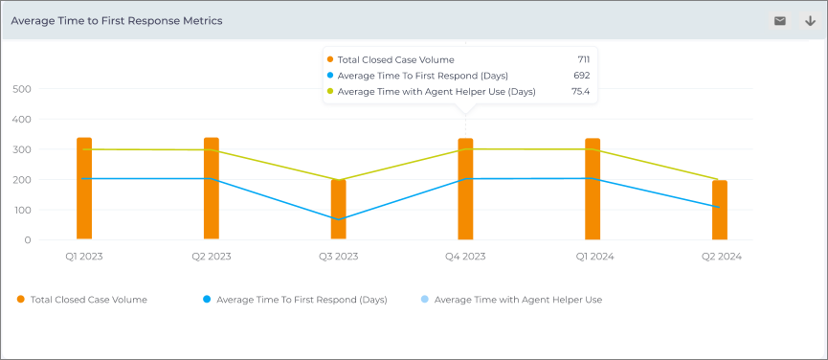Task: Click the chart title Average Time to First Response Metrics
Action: click(117, 21)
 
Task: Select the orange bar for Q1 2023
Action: click(84, 189)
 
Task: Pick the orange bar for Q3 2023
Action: click(339, 210)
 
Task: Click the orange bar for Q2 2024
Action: click(720, 210)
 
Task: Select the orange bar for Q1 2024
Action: click(593, 189)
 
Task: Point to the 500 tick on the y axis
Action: click(22, 89)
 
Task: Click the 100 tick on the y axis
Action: click(22, 210)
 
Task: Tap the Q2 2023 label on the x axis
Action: click(212, 257)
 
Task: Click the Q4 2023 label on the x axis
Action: click(465, 257)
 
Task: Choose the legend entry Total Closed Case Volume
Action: click(82, 300)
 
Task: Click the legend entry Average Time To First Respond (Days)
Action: click(295, 300)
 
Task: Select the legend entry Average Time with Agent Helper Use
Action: click(512, 300)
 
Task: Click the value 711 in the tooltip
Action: click(584, 59)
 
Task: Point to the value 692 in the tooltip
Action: click(581, 76)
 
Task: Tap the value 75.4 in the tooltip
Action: click(581, 91)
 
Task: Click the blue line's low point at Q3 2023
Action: click(339, 219)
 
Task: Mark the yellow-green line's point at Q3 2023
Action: click(339, 180)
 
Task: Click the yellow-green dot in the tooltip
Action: click(330, 91)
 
